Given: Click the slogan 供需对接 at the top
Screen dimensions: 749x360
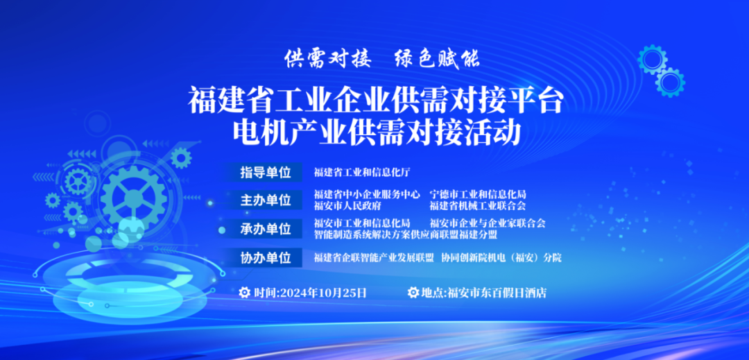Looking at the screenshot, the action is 327,59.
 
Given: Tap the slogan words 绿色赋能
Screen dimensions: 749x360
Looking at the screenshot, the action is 437,59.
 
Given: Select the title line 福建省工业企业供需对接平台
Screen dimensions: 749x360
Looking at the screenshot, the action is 376,99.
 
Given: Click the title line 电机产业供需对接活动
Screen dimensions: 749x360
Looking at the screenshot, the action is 376,132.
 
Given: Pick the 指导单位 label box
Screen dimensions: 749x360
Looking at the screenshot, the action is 265,172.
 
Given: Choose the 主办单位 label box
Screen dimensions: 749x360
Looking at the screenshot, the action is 265,200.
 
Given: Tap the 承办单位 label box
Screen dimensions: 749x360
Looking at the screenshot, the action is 265,229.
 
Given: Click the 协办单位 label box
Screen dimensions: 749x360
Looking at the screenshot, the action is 265,258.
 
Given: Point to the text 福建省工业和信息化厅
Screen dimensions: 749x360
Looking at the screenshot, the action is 362,172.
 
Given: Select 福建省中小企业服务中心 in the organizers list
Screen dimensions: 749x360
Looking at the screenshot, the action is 367,195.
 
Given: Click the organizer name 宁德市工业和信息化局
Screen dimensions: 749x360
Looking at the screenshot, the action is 478,195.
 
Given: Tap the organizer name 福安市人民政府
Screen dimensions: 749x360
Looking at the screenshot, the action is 347,206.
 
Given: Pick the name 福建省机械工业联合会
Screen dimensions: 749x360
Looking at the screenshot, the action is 478,206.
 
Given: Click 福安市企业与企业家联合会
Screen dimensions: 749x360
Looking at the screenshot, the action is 488,223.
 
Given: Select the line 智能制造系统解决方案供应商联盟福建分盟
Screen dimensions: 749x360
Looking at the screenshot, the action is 406,234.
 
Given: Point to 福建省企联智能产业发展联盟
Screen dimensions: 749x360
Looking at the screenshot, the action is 374,258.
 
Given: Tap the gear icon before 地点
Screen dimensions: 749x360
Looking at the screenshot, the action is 413,292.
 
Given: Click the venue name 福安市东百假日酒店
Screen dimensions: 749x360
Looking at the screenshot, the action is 497,293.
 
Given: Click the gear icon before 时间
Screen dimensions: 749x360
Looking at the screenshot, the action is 245,292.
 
